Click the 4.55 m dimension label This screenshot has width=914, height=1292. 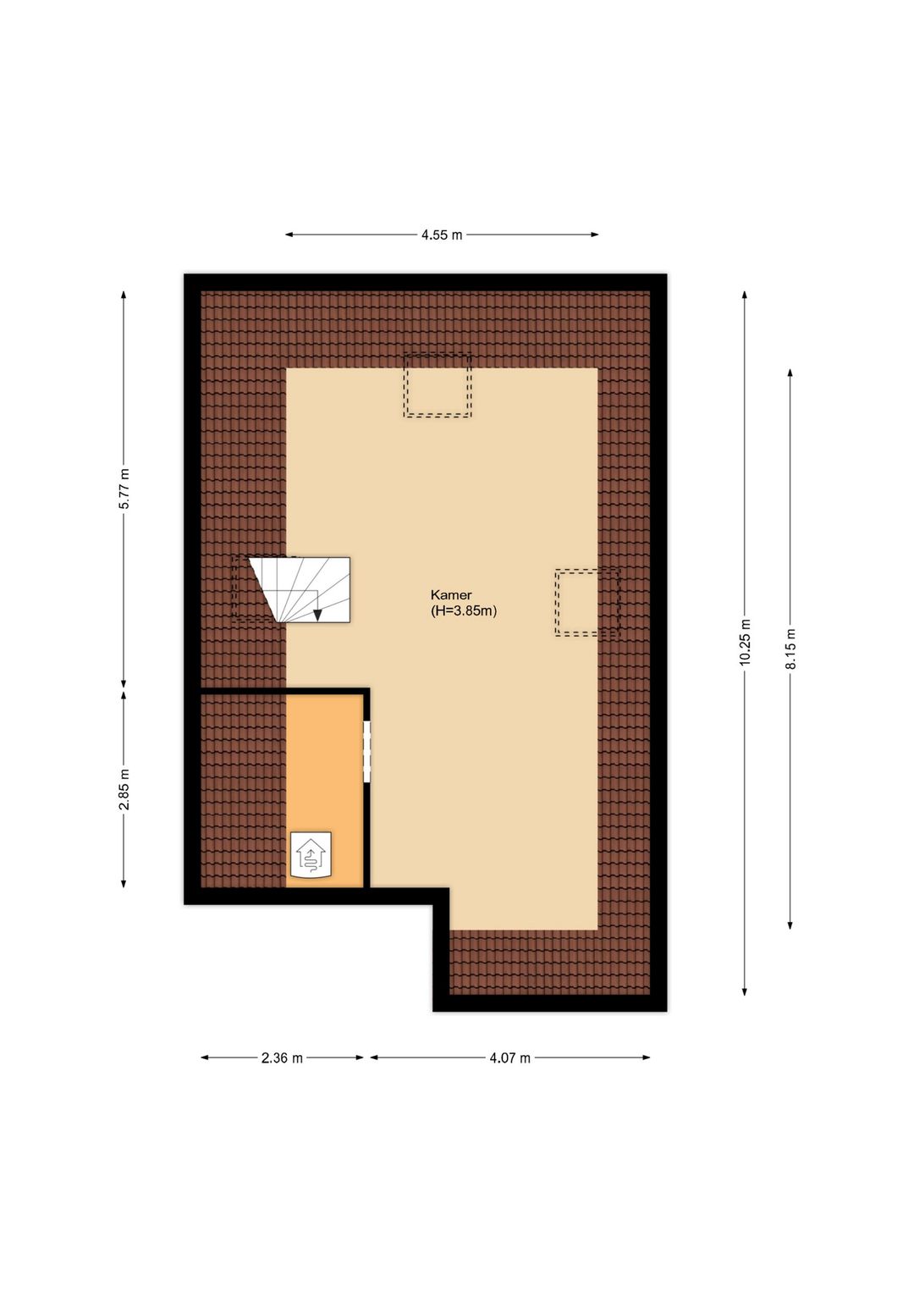point(442,235)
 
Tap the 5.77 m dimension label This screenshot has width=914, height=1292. point(124,489)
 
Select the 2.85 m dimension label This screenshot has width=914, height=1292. point(124,789)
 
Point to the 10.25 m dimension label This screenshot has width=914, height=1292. point(745,642)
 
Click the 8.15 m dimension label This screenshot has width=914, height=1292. point(790,649)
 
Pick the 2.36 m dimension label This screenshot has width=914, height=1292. point(282,1057)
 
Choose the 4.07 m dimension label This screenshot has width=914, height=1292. point(509,1057)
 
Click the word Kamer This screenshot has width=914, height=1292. point(451,594)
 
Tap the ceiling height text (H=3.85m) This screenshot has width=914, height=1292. point(464,610)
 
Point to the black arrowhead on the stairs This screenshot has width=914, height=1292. point(317,616)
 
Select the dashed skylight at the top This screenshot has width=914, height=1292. point(437,385)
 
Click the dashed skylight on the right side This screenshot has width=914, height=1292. point(586,602)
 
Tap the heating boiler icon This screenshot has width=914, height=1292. point(311,855)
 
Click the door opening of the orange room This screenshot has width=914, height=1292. point(367,751)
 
